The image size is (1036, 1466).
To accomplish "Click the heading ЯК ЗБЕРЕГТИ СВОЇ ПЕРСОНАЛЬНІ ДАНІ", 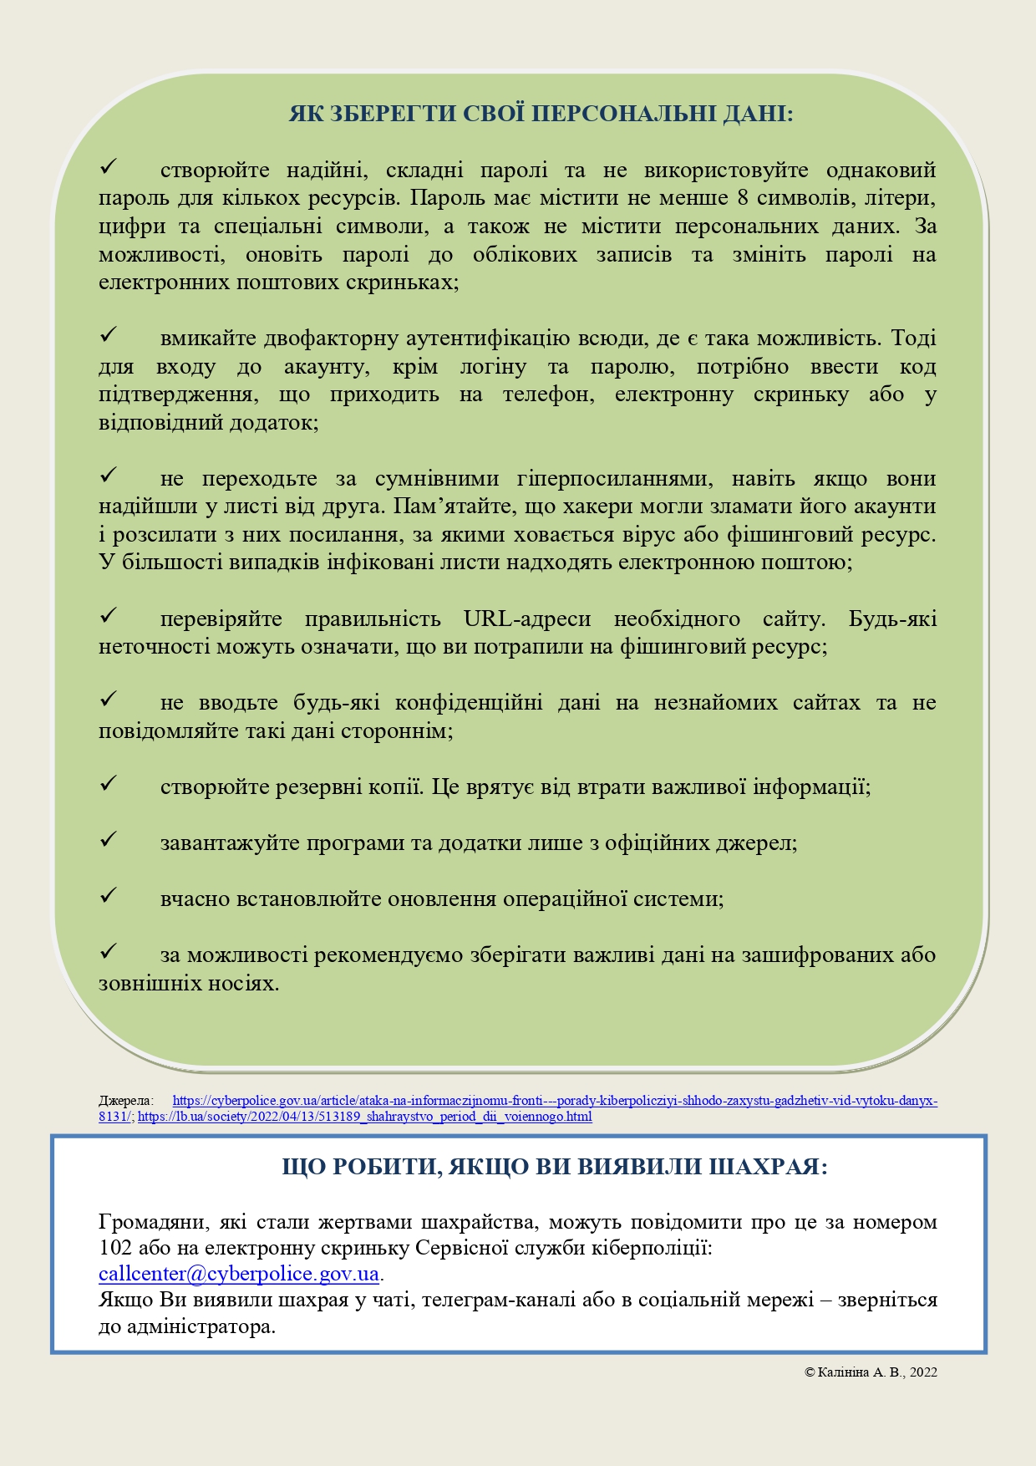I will coord(541,114).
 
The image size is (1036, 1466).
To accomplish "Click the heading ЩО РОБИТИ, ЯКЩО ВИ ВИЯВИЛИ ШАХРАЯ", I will coord(555,1166).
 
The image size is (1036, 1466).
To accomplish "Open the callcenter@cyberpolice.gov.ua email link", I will coord(239,1274).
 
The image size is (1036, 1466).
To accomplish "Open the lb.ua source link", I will coord(365,1117).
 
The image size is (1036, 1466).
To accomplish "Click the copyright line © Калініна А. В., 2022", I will coord(871,1372).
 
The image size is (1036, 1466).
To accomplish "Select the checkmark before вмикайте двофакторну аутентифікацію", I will coord(109,336).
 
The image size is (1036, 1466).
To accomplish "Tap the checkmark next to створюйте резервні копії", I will coord(109,785).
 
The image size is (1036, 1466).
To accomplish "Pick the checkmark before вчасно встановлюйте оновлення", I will coord(109,897).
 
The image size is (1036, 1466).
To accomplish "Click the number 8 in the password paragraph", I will coord(744,198).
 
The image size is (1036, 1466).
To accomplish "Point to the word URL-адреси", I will coord(527,619).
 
